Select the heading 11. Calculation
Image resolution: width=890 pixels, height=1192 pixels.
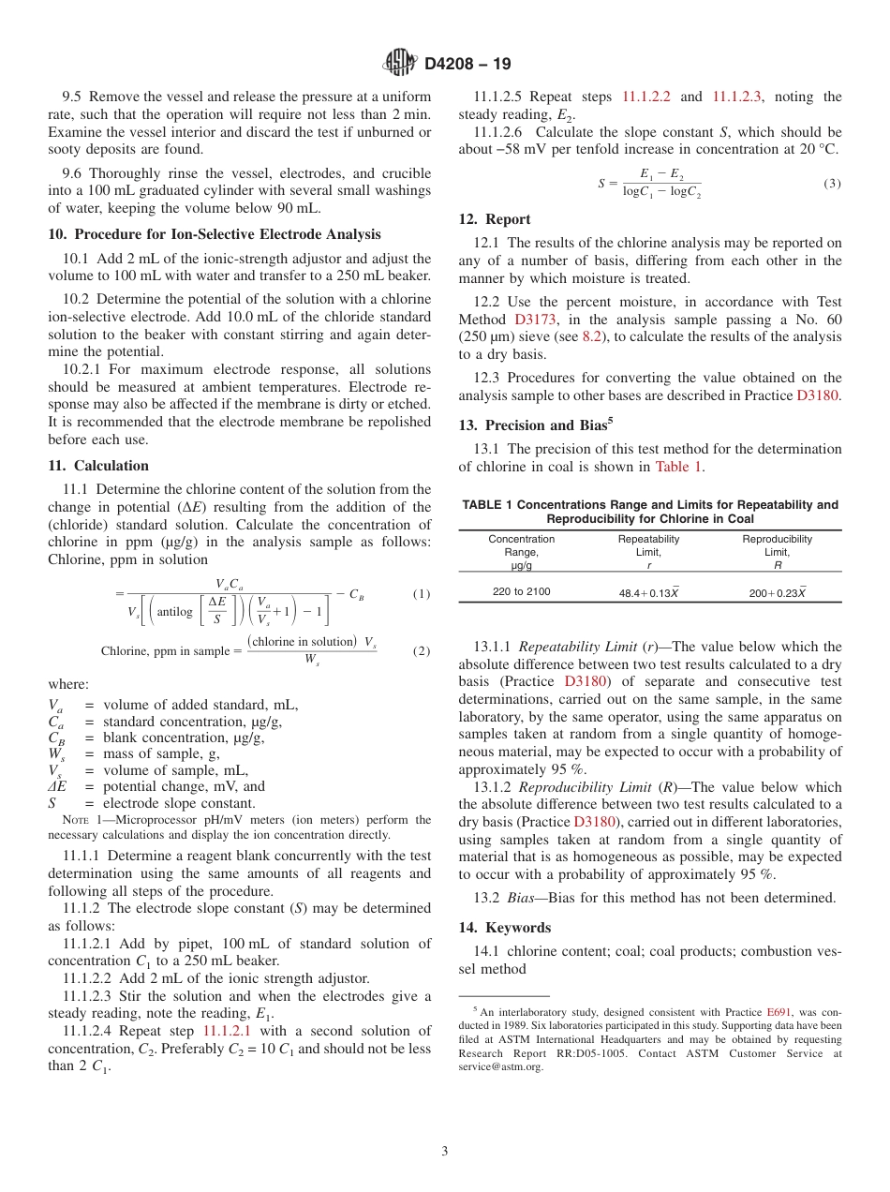click(x=98, y=466)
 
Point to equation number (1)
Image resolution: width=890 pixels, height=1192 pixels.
click(x=422, y=594)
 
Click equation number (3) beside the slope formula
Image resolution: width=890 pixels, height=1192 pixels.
click(x=832, y=184)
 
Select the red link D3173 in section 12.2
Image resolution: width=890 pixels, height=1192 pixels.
click(x=536, y=320)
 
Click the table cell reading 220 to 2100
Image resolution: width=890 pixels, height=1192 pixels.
click(x=521, y=591)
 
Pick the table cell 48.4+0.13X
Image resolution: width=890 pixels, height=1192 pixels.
click(x=648, y=593)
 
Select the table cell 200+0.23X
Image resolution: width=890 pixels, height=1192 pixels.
click(x=777, y=593)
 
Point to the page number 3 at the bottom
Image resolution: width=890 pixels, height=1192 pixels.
click(x=445, y=1152)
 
